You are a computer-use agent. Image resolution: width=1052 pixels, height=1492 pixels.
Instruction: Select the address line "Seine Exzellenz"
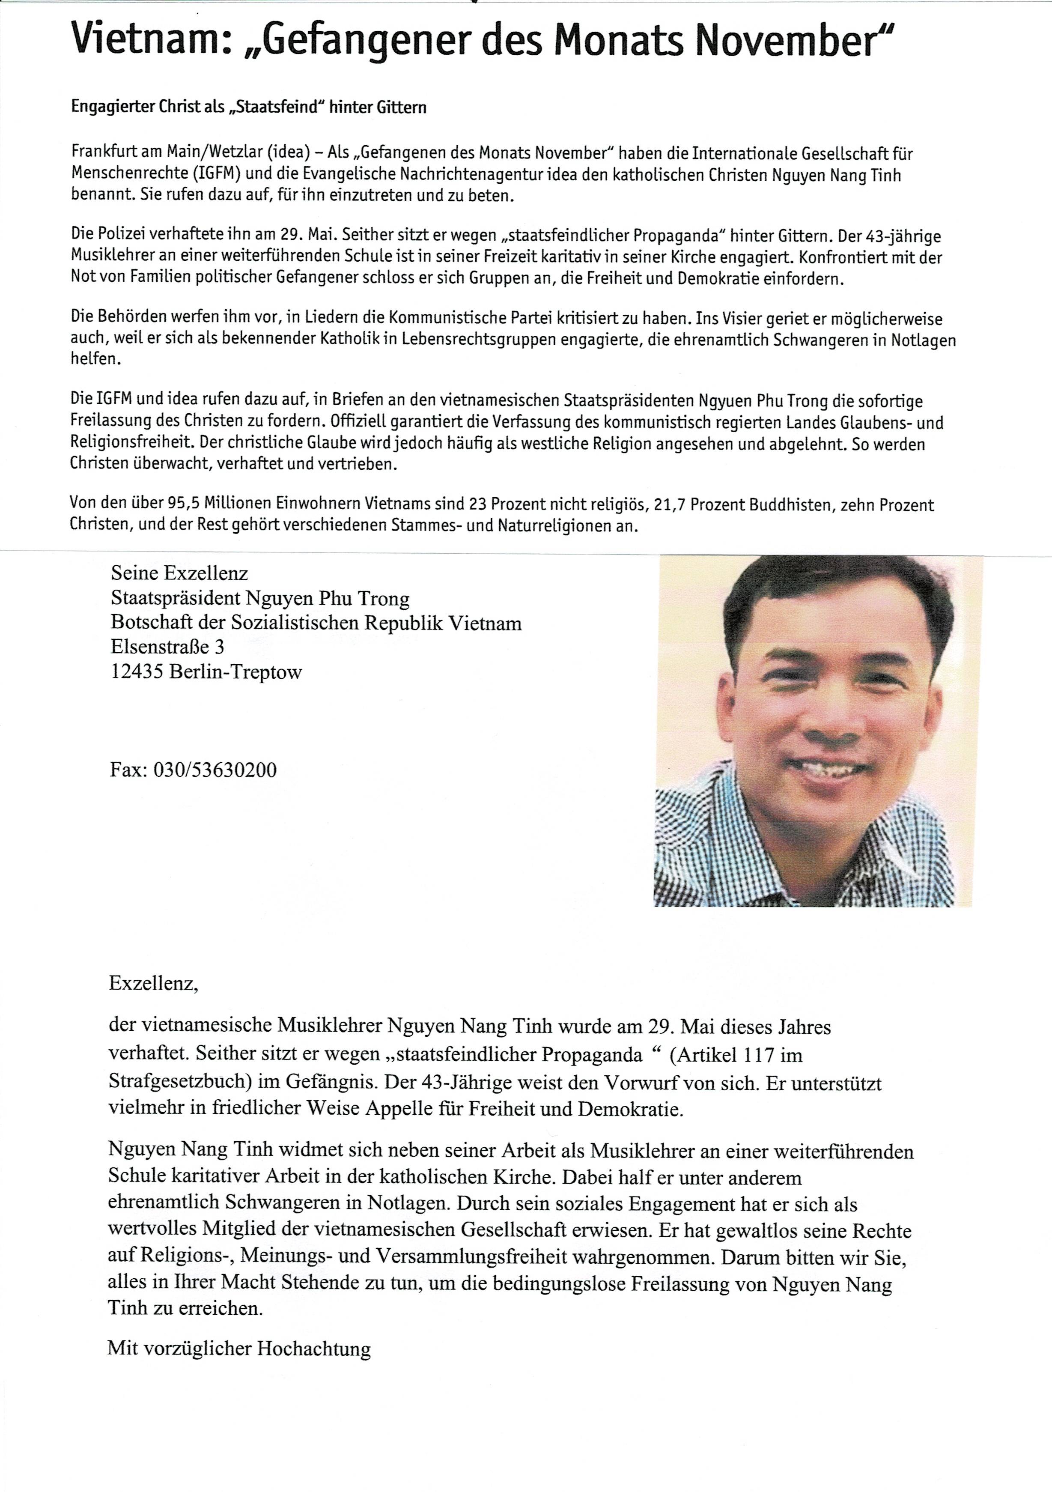[179, 573]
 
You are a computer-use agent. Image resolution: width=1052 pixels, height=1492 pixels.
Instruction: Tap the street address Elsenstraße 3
[168, 647]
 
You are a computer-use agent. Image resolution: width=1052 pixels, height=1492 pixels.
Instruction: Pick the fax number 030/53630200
[215, 770]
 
